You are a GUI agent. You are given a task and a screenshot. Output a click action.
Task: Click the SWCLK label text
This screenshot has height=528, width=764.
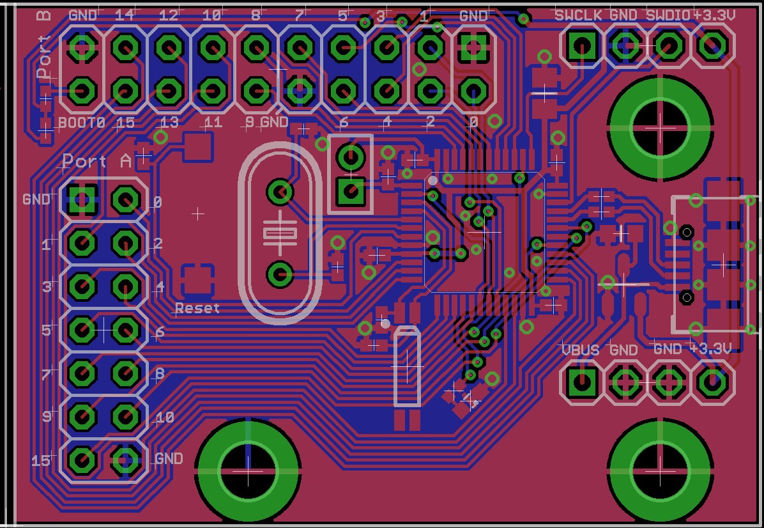click(x=578, y=15)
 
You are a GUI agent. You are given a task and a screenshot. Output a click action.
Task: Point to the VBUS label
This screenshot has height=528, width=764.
click(x=580, y=350)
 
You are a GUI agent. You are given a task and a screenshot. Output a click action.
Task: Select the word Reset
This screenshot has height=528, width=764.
click(x=197, y=308)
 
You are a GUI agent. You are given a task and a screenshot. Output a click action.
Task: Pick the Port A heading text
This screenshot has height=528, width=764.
click(x=96, y=161)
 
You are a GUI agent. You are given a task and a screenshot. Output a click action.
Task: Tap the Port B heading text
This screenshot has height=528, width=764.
click(x=43, y=49)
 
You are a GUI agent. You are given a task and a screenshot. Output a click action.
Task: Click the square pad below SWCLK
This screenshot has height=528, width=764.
click(x=581, y=45)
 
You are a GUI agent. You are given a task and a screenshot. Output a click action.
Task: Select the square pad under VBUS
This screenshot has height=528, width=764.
click(x=581, y=383)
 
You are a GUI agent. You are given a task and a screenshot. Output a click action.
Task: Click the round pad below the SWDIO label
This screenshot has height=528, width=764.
click(x=668, y=45)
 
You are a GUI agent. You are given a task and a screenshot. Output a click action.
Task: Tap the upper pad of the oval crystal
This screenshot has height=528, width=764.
click(x=279, y=190)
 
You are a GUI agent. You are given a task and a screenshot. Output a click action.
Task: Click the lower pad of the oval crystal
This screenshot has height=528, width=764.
click(x=279, y=274)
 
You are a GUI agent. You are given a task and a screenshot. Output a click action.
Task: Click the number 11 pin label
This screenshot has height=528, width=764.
click(x=212, y=122)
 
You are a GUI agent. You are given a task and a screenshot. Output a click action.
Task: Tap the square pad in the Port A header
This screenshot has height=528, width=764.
click(x=82, y=200)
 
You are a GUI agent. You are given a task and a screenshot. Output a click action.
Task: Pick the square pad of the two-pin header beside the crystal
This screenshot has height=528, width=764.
click(x=350, y=190)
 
